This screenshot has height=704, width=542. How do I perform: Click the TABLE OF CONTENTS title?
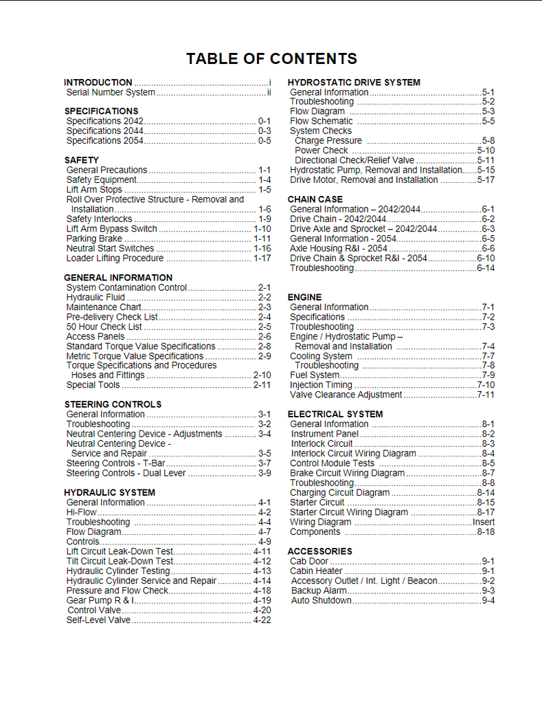pyautogui.click(x=271, y=59)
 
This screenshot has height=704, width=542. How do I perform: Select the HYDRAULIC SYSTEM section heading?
pyautogui.click(x=109, y=492)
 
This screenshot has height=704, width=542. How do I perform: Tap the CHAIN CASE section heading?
pyautogui.click(x=315, y=199)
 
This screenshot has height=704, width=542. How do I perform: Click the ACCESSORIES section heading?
pyautogui.click(x=319, y=551)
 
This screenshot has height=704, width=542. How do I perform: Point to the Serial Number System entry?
pyautogui.click(x=111, y=92)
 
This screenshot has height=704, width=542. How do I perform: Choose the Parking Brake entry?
pyautogui.click(x=94, y=239)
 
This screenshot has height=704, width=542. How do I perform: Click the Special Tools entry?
pyautogui.click(x=93, y=385)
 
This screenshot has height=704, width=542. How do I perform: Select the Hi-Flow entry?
pyautogui.click(x=82, y=512)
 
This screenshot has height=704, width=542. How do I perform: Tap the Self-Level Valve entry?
pyautogui.click(x=98, y=620)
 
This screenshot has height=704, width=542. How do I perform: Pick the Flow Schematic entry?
pyautogui.click(x=321, y=121)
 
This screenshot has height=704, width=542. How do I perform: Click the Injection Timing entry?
pyautogui.click(x=321, y=385)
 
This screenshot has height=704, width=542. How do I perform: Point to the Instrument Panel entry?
pyautogui.click(x=324, y=434)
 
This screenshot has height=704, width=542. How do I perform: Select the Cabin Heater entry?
pyautogui.click(x=316, y=571)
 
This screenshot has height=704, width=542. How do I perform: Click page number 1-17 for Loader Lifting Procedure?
pyautogui.click(x=262, y=258)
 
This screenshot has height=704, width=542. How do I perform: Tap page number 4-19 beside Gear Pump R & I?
pyautogui.click(x=262, y=600)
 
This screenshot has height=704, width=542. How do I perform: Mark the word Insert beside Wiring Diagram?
pyautogui.click(x=484, y=522)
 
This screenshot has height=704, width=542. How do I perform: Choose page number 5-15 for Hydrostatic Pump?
pyautogui.click(x=486, y=170)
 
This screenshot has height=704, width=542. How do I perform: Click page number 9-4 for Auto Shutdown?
pyautogui.click(x=488, y=600)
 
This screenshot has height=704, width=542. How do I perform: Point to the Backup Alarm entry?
pyautogui.click(x=319, y=591)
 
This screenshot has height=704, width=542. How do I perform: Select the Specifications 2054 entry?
pyautogui.click(x=104, y=140)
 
